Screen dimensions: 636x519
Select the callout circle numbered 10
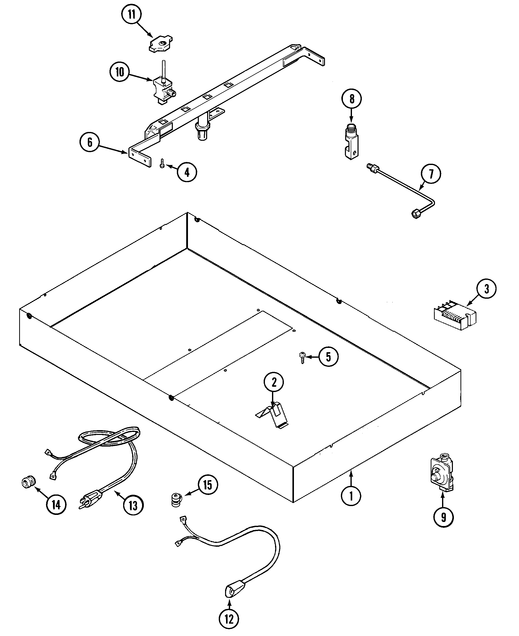click(120, 72)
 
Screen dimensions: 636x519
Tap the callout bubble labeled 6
click(90, 142)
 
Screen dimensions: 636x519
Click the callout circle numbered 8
click(351, 99)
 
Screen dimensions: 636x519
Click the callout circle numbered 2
click(274, 382)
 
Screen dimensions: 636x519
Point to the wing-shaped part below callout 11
click(160, 44)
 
